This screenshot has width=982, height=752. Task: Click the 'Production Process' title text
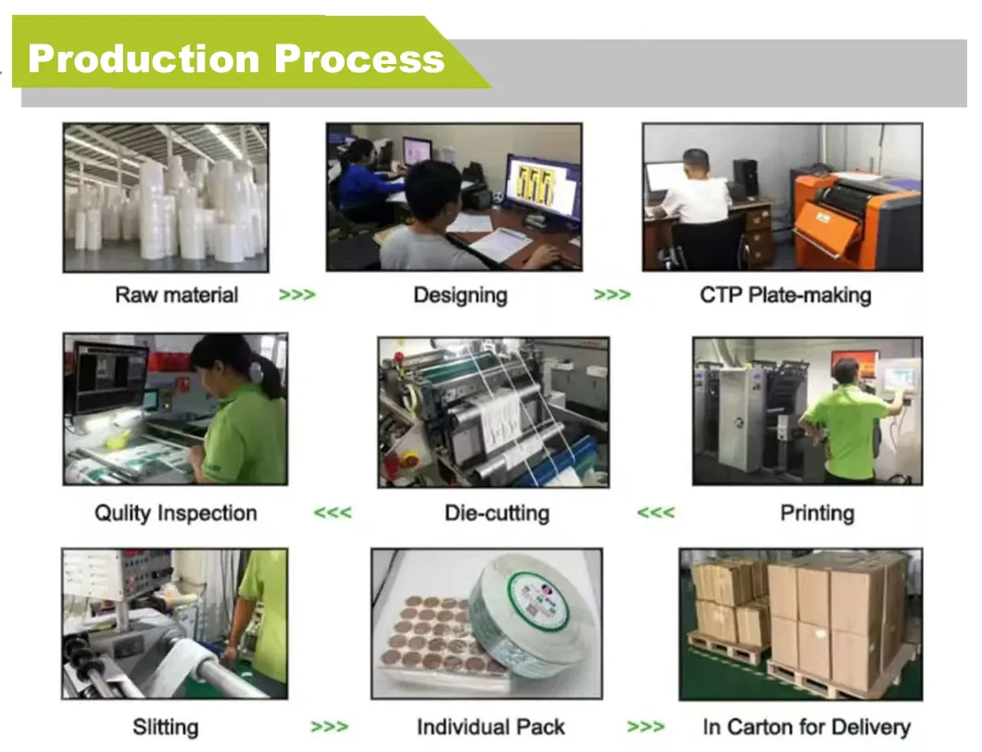tap(236, 59)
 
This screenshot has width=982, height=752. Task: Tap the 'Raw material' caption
tap(177, 295)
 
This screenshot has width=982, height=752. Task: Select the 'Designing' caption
tap(460, 295)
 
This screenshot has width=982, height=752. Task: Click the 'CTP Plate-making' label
tap(786, 295)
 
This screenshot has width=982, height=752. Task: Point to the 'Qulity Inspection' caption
tap(176, 513)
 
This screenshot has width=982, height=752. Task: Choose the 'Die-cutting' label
tap(497, 513)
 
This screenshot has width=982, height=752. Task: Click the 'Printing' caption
tap(817, 513)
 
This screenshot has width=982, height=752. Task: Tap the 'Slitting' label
tap(166, 728)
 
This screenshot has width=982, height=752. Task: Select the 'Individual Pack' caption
tap(491, 727)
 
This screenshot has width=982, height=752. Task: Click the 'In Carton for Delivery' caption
tap(807, 727)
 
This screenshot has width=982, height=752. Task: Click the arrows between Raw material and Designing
tap(297, 295)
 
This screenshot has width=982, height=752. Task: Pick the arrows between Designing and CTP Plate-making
tap(612, 295)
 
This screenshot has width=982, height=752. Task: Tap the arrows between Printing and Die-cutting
tap(656, 513)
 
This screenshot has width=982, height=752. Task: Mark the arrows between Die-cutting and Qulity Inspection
tap(333, 513)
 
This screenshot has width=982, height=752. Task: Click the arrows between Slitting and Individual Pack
tap(330, 727)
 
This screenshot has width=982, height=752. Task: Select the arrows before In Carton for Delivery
tap(646, 727)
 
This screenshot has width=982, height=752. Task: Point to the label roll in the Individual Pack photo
tap(526, 620)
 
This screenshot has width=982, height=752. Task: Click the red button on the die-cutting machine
tap(409, 458)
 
